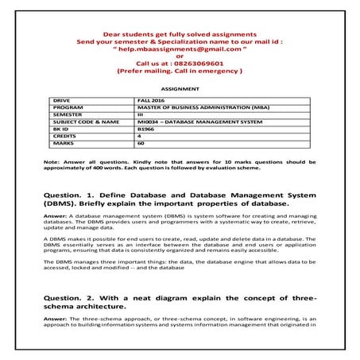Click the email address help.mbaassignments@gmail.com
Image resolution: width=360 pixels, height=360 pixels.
(x=180, y=48)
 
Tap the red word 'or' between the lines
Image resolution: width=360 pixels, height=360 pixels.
(x=180, y=56)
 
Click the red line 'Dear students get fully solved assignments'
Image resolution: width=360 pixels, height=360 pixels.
(x=180, y=34)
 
